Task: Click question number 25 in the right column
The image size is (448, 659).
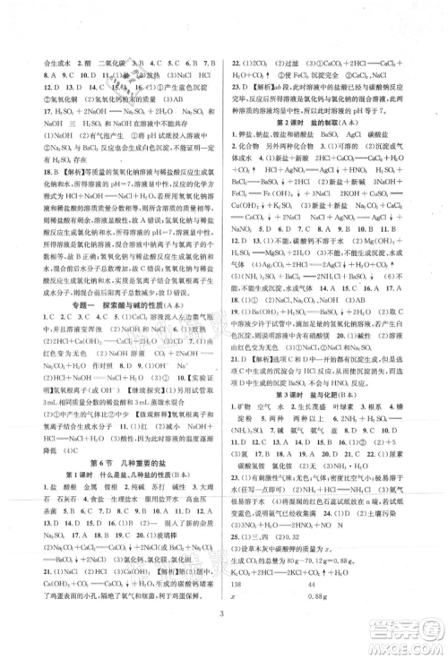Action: coord(236,567)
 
